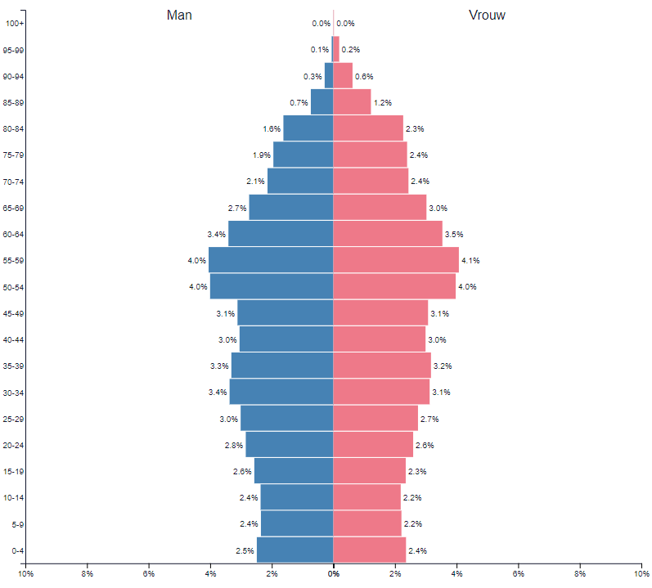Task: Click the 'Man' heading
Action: coord(179,16)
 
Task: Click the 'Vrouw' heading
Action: coord(486,16)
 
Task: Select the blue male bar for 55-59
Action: coord(271,260)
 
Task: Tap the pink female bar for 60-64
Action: coord(388,234)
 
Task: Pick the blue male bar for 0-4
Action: coord(295,550)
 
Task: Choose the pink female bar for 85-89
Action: coord(352,102)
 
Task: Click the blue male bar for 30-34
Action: coord(281,392)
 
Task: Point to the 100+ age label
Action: coord(14,23)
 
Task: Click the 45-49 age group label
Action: coord(14,313)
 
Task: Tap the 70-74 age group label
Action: coord(14,182)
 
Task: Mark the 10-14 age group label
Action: coord(14,497)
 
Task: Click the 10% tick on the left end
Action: coord(25,575)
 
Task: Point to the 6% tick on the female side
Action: coord(518,575)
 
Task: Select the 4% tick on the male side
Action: coord(210,575)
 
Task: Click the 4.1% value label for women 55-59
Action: coord(470,261)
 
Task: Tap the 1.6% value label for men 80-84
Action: coord(272,128)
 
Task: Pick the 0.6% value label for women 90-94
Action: coord(364,76)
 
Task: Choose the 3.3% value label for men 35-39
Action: coord(219,366)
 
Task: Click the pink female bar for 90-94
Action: coord(343,76)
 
